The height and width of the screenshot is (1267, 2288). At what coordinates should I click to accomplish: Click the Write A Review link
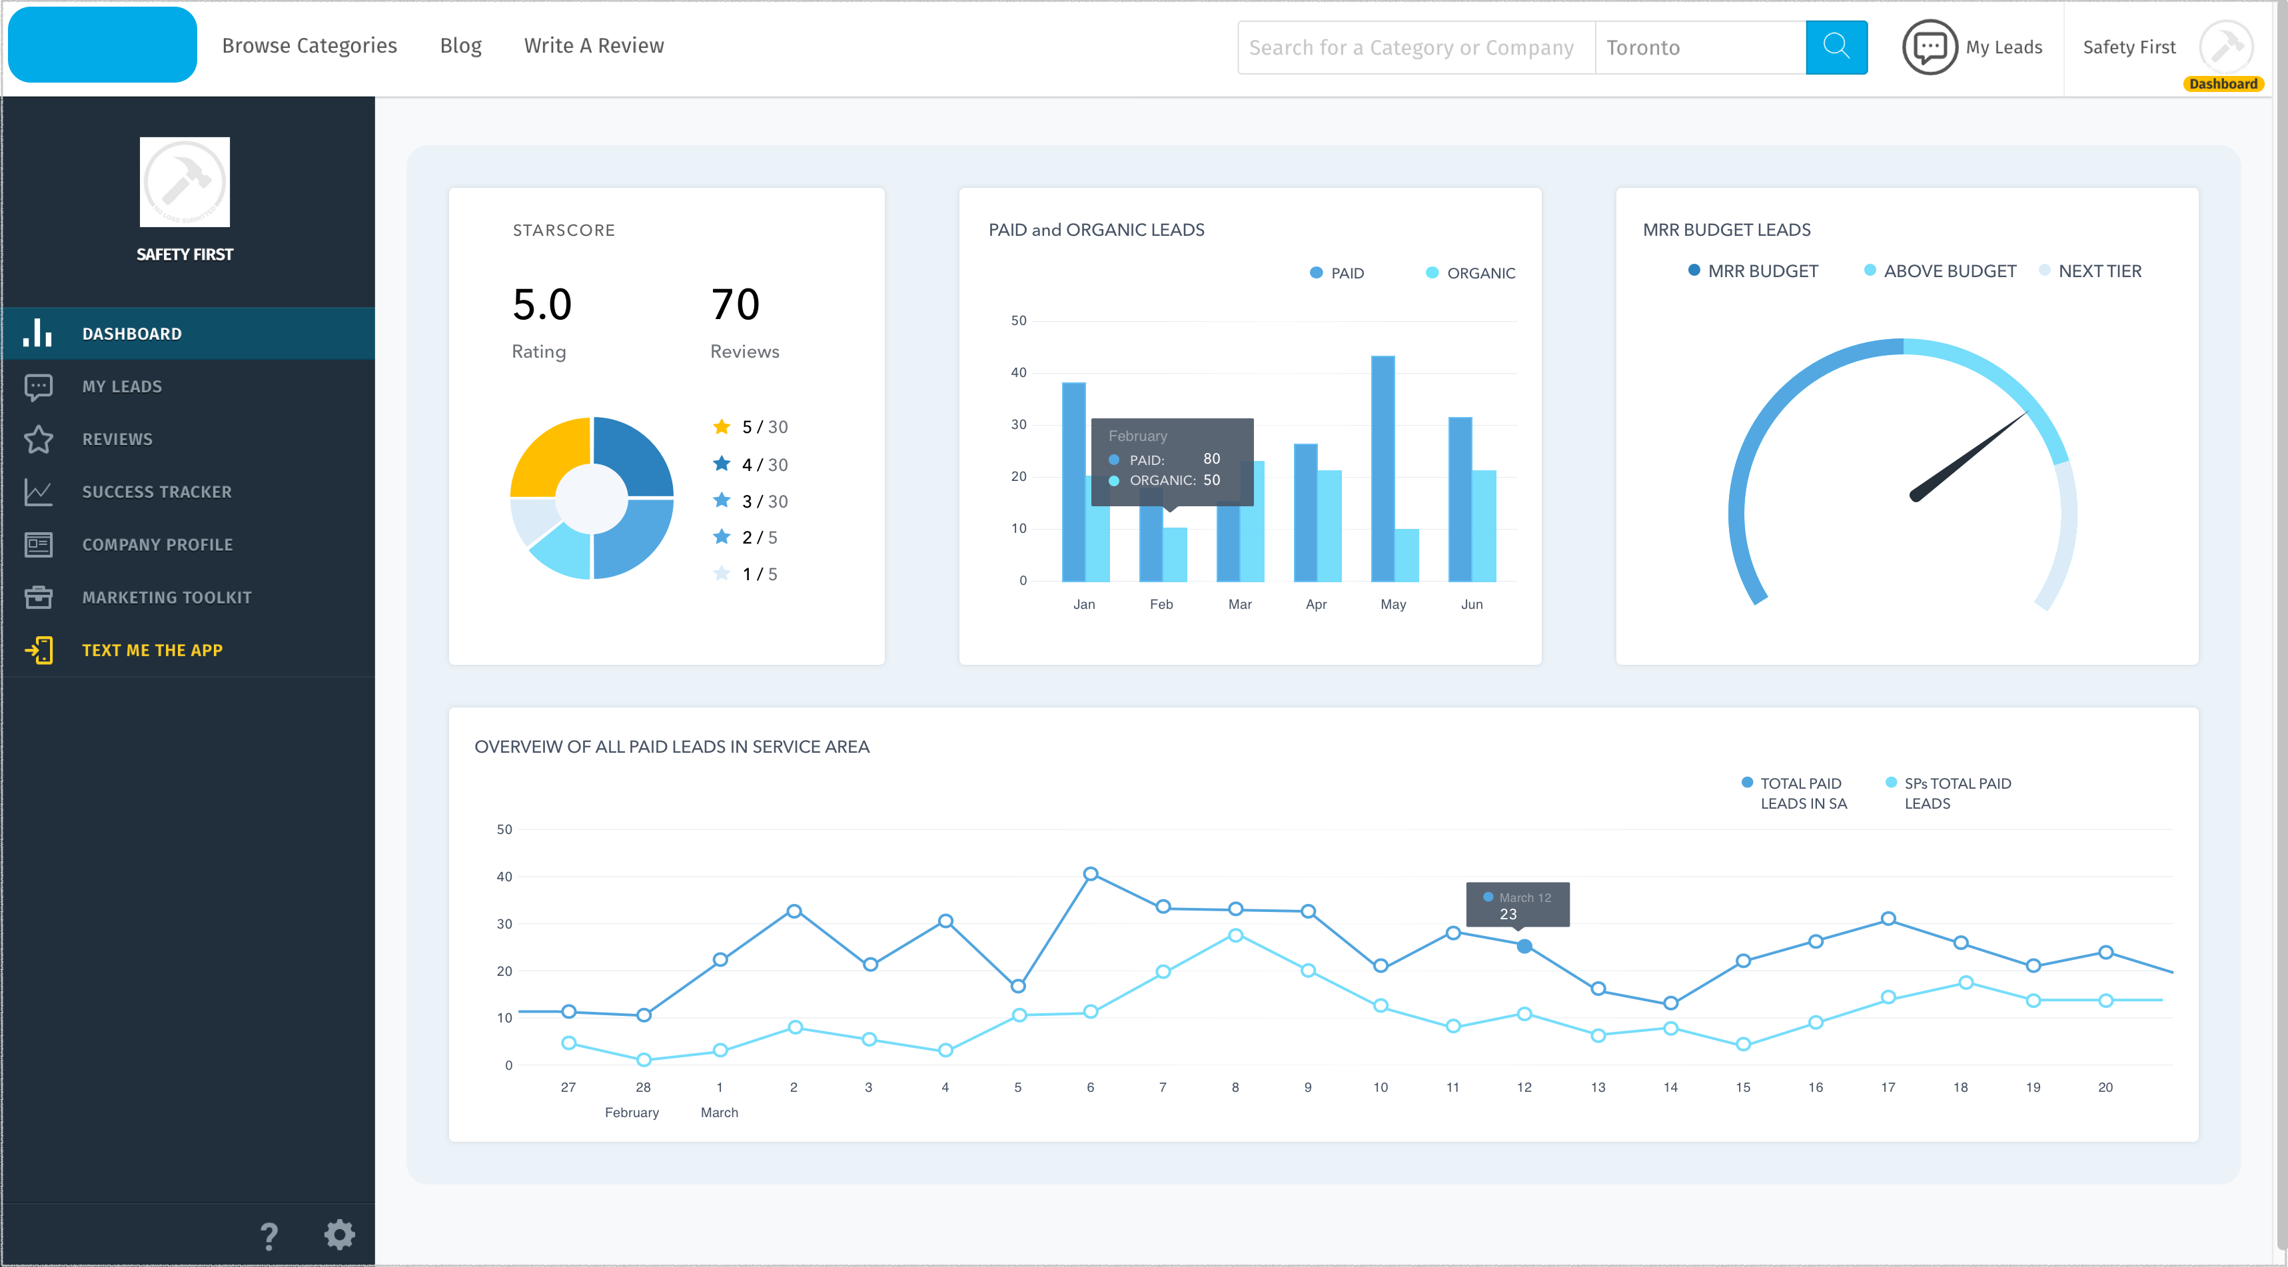click(593, 46)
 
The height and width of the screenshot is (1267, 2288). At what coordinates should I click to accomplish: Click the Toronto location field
click(1698, 48)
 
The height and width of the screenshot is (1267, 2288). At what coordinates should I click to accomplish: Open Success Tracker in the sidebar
click(157, 492)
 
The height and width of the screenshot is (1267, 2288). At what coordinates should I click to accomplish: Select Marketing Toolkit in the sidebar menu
click(166, 598)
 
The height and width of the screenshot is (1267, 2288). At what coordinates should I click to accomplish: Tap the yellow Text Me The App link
click(152, 650)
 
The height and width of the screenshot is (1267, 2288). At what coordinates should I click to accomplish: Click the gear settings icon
click(339, 1234)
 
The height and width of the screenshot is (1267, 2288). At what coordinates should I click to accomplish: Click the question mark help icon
click(269, 1236)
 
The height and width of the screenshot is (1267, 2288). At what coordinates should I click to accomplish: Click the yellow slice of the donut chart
click(546, 453)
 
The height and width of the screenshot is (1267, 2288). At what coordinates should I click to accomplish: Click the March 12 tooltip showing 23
click(1517, 905)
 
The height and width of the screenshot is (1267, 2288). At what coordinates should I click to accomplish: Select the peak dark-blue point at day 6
click(1091, 874)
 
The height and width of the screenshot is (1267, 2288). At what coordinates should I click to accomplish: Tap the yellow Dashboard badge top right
click(2222, 83)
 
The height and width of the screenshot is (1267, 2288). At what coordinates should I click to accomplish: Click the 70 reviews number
click(734, 304)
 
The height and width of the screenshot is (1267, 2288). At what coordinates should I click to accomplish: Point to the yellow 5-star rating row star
click(721, 427)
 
